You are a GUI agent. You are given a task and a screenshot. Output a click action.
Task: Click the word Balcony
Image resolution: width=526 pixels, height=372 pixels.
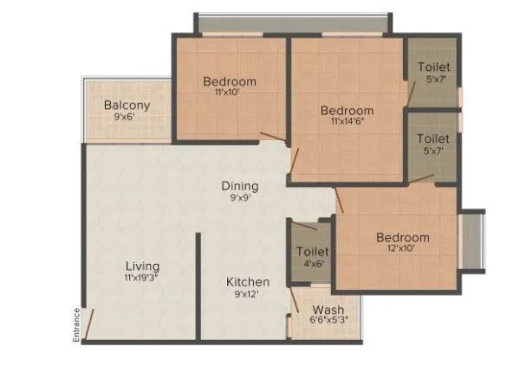127,106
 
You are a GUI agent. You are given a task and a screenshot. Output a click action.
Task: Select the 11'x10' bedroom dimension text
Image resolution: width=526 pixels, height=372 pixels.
230,93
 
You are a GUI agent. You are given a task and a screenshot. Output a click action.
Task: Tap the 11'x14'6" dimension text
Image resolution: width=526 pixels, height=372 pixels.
347,122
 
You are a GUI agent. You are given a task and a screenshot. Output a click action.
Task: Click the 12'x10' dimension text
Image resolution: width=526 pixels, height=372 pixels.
402,248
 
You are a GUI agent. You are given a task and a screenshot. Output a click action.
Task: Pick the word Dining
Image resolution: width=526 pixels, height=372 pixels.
239,185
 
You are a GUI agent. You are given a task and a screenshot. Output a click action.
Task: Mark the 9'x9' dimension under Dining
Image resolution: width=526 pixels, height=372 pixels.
239,197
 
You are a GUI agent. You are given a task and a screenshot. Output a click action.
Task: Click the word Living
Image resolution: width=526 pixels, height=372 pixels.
142,266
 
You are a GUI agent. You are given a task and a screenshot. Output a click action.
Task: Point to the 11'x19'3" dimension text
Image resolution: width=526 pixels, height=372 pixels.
142,279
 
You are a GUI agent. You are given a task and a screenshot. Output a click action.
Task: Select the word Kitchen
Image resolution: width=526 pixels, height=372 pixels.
248,282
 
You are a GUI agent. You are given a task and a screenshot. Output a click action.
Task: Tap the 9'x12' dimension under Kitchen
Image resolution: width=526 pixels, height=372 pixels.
248,294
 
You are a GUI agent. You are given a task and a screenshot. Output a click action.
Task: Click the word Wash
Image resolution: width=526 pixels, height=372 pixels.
328,310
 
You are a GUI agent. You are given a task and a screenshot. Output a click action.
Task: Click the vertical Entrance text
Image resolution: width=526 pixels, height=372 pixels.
76,326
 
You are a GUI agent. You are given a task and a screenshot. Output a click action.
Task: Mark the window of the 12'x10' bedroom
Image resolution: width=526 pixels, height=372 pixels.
472,238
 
